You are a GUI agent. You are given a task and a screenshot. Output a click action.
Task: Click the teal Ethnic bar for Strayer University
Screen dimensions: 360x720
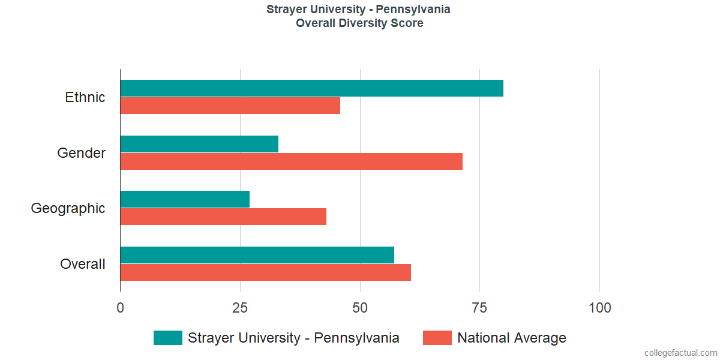pyautogui.click(x=311, y=88)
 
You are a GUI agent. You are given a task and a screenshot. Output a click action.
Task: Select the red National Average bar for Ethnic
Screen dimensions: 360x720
pyautogui.click(x=230, y=106)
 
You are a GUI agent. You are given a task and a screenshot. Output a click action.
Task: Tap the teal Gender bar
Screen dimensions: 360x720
pyautogui.click(x=199, y=144)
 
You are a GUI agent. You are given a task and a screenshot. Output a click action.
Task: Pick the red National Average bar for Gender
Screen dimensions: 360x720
pyautogui.click(x=291, y=161)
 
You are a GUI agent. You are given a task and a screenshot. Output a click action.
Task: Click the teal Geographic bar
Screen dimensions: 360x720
pyautogui.click(x=185, y=199)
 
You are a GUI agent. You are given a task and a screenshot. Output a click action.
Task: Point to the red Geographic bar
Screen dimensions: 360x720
pyautogui.click(x=223, y=217)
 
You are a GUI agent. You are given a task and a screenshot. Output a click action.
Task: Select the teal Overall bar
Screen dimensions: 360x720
pyautogui.click(x=257, y=255)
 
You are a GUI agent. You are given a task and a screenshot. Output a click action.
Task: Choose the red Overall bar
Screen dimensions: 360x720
pyautogui.click(x=265, y=272)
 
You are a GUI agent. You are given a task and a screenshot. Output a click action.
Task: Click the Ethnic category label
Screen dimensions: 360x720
pyautogui.click(x=85, y=97)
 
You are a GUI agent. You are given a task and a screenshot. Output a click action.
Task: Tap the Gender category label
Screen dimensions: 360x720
pyautogui.click(x=82, y=153)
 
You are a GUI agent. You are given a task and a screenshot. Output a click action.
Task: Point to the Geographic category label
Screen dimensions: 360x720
pyautogui.click(x=68, y=208)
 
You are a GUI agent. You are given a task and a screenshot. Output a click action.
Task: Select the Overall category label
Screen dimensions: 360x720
pyautogui.click(x=83, y=264)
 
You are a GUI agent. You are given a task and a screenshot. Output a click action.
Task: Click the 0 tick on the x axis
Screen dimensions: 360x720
pyautogui.click(x=121, y=308)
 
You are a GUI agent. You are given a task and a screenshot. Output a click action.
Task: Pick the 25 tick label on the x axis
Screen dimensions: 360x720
pyautogui.click(x=240, y=308)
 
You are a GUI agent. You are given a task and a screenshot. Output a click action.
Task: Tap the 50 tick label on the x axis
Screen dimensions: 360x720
pyautogui.click(x=360, y=308)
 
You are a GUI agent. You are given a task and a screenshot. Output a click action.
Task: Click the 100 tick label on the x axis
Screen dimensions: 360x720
pyautogui.click(x=599, y=308)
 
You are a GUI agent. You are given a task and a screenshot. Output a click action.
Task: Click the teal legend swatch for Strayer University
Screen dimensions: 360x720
pyautogui.click(x=167, y=338)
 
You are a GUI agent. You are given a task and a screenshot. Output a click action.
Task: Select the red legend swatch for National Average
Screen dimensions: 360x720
pyautogui.click(x=437, y=338)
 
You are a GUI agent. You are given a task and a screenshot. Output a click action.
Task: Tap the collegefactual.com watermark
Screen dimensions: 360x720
pyautogui.click(x=680, y=353)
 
